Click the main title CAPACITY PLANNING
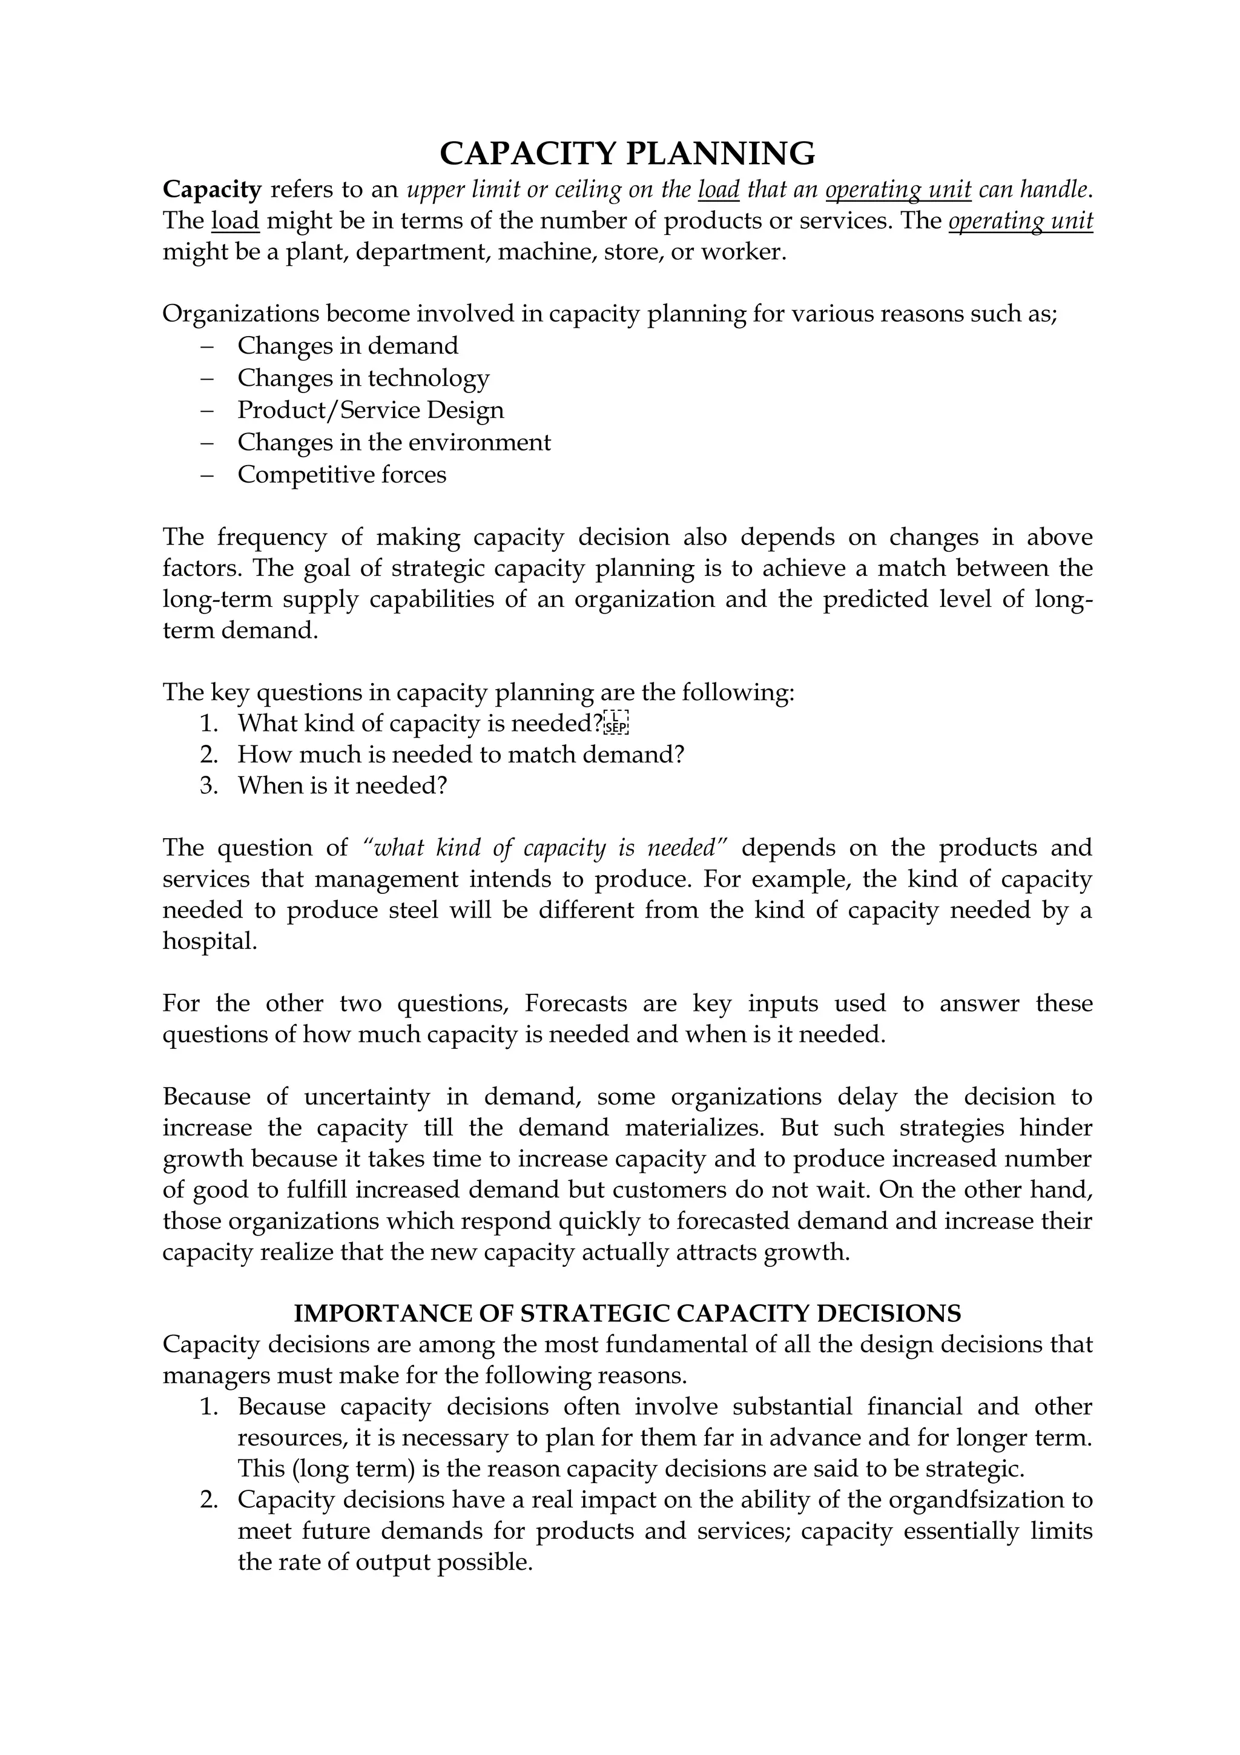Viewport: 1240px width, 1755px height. pyautogui.click(x=627, y=154)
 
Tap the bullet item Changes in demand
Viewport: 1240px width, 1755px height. pyautogui.click(x=348, y=346)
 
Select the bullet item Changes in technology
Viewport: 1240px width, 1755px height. pyautogui.click(x=363, y=378)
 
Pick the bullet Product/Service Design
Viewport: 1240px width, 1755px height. pyautogui.click(x=371, y=410)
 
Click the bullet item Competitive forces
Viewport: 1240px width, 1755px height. pyautogui.click(x=341, y=474)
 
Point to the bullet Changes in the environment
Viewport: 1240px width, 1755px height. pyautogui.click(x=394, y=442)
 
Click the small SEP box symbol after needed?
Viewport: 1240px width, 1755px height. pyautogui.click(x=616, y=722)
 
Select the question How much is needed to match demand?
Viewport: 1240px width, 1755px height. pyautogui.click(x=460, y=755)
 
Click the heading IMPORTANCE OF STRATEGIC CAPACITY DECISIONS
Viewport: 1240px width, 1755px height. pyautogui.click(x=627, y=1313)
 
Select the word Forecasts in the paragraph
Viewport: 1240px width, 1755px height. pyautogui.click(x=576, y=1003)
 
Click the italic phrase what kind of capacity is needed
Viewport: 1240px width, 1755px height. pyautogui.click(x=546, y=848)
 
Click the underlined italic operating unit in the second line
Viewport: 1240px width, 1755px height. pyautogui.click(x=1020, y=221)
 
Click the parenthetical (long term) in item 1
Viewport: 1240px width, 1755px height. pyautogui.click(x=341, y=1469)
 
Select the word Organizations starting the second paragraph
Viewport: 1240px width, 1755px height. pyautogui.click(x=239, y=314)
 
